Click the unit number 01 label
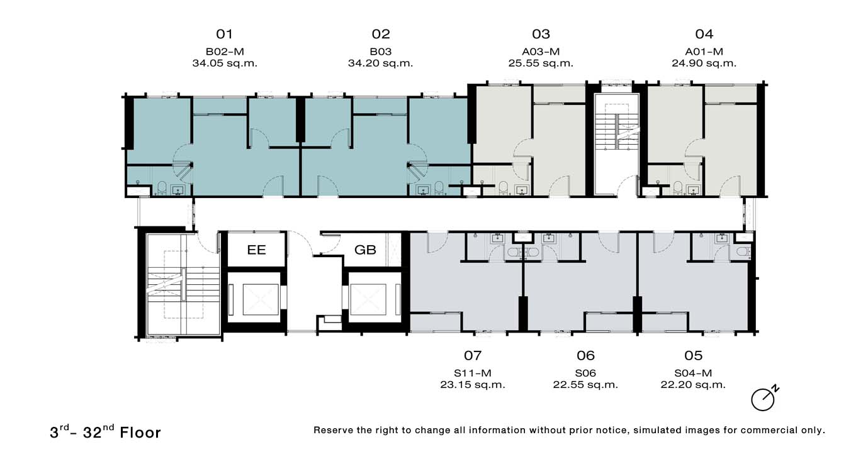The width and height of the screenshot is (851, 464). pyautogui.click(x=224, y=34)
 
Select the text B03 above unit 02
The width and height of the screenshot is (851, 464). pyautogui.click(x=381, y=52)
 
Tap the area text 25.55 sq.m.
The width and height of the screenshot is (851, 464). pyautogui.click(x=541, y=63)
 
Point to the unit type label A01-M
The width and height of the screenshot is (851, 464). pyautogui.click(x=704, y=52)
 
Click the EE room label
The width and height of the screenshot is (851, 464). pyautogui.click(x=256, y=250)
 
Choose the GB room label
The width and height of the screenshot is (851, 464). pyautogui.click(x=365, y=250)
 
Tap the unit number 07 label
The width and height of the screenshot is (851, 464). pyautogui.click(x=473, y=355)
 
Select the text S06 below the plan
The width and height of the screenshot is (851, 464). pyautogui.click(x=585, y=373)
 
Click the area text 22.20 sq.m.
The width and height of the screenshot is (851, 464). pyautogui.click(x=693, y=385)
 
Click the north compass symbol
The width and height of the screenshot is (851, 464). pyautogui.click(x=764, y=399)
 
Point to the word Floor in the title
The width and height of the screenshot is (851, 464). pyautogui.click(x=140, y=433)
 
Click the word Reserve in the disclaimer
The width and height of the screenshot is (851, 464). pyautogui.click(x=332, y=430)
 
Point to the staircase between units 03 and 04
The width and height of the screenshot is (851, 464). pyautogui.click(x=617, y=129)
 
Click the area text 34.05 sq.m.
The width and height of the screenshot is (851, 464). pyautogui.click(x=225, y=63)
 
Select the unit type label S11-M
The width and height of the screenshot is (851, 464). pyautogui.click(x=473, y=373)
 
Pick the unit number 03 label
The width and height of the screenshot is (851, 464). pyautogui.click(x=541, y=34)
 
